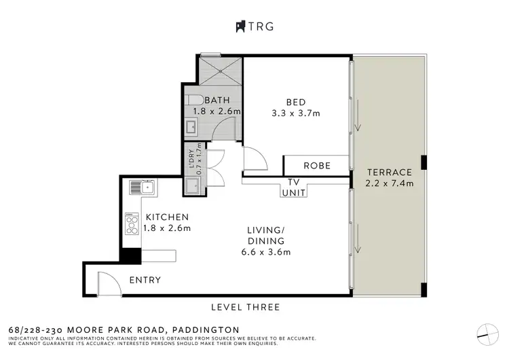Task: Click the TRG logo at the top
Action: (x=254, y=27)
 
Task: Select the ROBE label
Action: (x=316, y=165)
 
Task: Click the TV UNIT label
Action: (x=295, y=187)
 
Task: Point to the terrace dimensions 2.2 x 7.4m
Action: (x=390, y=183)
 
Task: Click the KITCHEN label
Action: (x=166, y=217)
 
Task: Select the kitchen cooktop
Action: (x=132, y=223)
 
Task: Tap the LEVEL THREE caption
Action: (x=245, y=307)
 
